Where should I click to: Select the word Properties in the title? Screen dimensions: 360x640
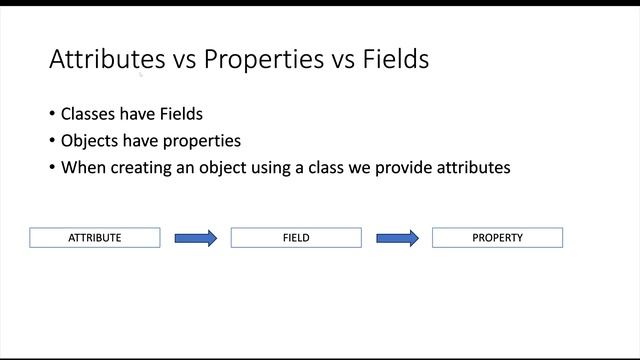(x=260, y=60)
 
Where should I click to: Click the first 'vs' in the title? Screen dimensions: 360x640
(x=181, y=60)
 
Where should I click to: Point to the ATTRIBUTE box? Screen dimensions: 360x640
(x=95, y=238)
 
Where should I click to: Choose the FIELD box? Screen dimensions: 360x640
(x=296, y=238)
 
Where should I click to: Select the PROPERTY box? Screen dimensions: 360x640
(x=497, y=238)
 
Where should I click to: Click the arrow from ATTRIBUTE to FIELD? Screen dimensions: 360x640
(x=195, y=238)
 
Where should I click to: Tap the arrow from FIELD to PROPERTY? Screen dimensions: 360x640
(x=397, y=238)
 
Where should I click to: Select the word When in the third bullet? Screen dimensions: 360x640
(x=82, y=168)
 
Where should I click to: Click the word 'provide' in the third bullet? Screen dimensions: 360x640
(x=397, y=168)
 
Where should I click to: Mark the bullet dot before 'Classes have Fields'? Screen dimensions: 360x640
(x=52, y=114)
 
